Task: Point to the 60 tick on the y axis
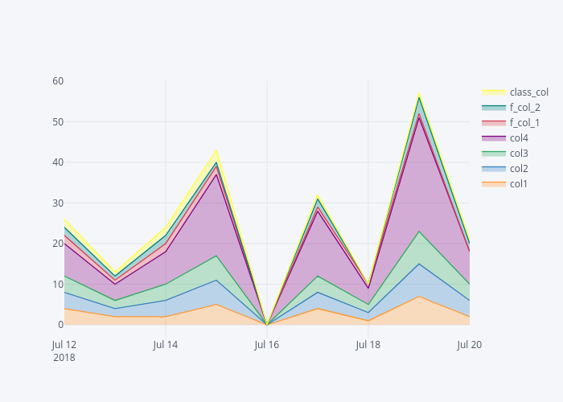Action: click(59, 81)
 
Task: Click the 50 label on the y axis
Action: click(59, 122)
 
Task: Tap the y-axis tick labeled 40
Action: click(59, 162)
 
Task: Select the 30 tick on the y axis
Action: click(59, 203)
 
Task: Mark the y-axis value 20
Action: click(59, 244)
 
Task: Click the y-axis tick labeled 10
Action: click(59, 285)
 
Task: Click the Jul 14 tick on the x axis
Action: click(166, 344)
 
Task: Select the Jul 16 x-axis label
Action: click(267, 344)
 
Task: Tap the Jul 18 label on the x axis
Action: click(368, 344)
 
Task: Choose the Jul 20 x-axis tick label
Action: click(469, 344)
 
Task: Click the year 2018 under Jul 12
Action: click(64, 357)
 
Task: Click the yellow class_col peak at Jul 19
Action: click(419, 94)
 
